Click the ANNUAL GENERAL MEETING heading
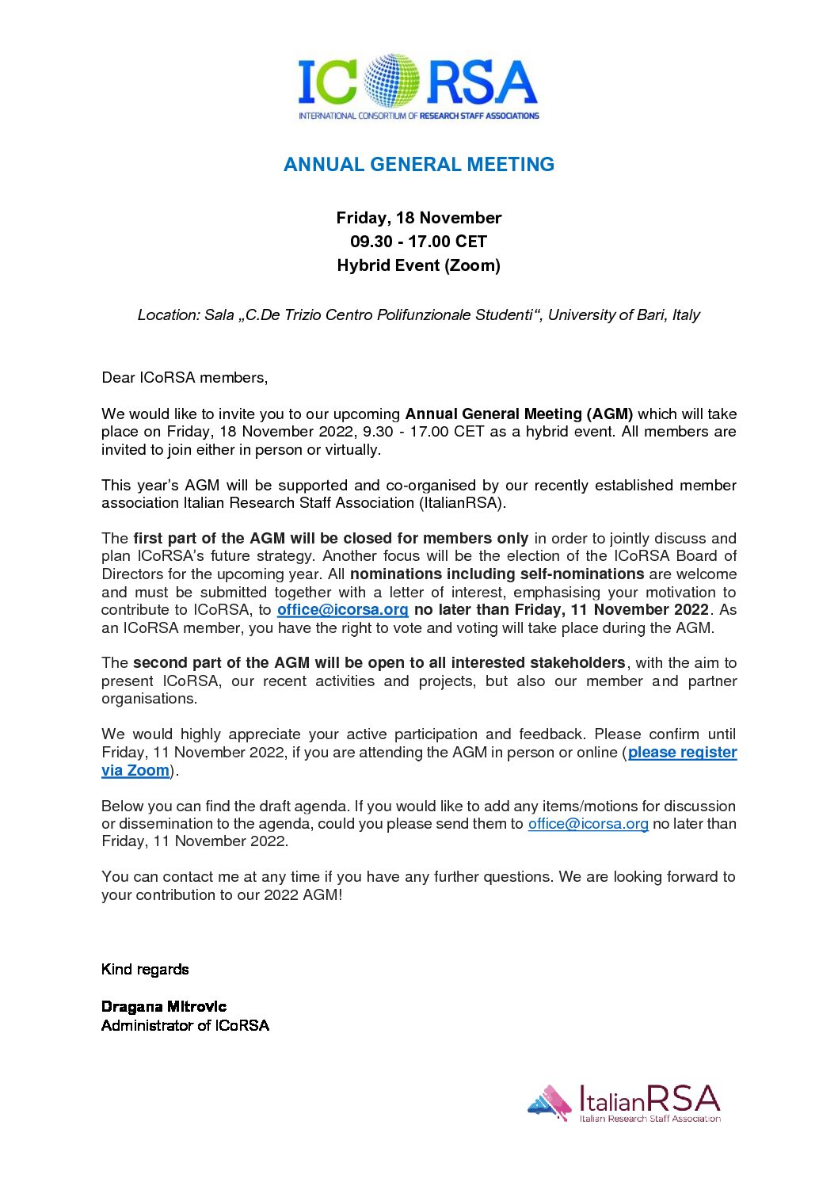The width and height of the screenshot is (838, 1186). click(x=419, y=165)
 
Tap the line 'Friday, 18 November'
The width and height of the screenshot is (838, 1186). click(x=419, y=218)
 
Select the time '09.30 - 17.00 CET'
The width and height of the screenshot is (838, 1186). click(x=419, y=242)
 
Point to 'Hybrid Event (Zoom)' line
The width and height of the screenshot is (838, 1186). click(x=419, y=265)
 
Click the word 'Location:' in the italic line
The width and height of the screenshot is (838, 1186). click(x=169, y=315)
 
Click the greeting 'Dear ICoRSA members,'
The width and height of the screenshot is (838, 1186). click(x=185, y=378)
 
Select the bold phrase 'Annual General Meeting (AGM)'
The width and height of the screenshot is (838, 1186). click(x=519, y=414)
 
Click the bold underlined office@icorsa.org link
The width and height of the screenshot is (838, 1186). click(x=343, y=610)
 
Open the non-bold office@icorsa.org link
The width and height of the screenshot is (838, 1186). click(x=589, y=824)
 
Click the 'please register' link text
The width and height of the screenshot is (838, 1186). click(x=682, y=753)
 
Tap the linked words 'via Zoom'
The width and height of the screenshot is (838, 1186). click(x=135, y=771)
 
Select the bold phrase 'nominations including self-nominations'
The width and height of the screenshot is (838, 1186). click(x=497, y=574)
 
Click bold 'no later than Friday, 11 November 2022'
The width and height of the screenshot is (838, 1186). click(x=562, y=610)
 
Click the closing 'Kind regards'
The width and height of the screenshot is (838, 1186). click(x=145, y=970)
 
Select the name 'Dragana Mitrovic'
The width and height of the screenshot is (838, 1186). click(x=164, y=1007)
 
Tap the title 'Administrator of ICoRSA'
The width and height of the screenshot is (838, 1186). click(x=185, y=1026)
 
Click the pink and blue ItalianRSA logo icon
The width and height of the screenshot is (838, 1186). click(x=550, y=1102)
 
